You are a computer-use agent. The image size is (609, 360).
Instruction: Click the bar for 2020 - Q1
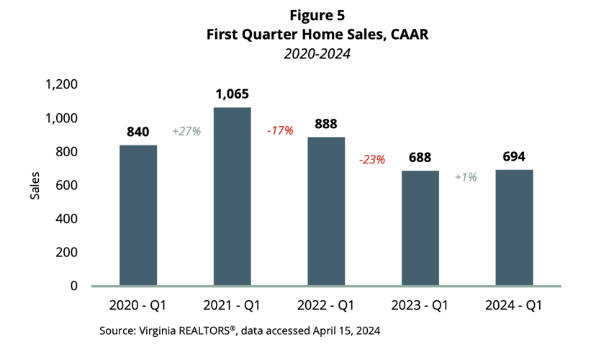(138, 215)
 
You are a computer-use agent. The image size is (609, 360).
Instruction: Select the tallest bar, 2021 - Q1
(233, 197)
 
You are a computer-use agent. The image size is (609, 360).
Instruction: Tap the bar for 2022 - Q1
(327, 212)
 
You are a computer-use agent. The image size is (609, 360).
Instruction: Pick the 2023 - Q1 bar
(420, 228)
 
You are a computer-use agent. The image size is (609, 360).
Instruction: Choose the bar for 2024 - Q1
(515, 228)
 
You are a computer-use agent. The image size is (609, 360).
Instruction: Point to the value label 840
(138, 132)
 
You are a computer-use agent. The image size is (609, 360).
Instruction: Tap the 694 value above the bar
(515, 156)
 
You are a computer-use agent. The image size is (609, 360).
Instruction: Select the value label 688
(420, 157)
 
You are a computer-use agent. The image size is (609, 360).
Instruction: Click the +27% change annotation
(185, 132)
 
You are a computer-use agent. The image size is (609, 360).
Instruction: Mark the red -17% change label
(279, 131)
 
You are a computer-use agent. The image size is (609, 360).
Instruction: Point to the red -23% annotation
(372, 160)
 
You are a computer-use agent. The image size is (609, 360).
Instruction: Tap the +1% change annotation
(466, 177)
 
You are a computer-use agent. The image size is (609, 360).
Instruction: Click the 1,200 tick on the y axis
(62, 85)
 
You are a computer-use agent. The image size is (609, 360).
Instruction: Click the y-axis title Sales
(35, 185)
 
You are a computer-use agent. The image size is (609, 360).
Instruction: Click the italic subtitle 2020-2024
(304, 53)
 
